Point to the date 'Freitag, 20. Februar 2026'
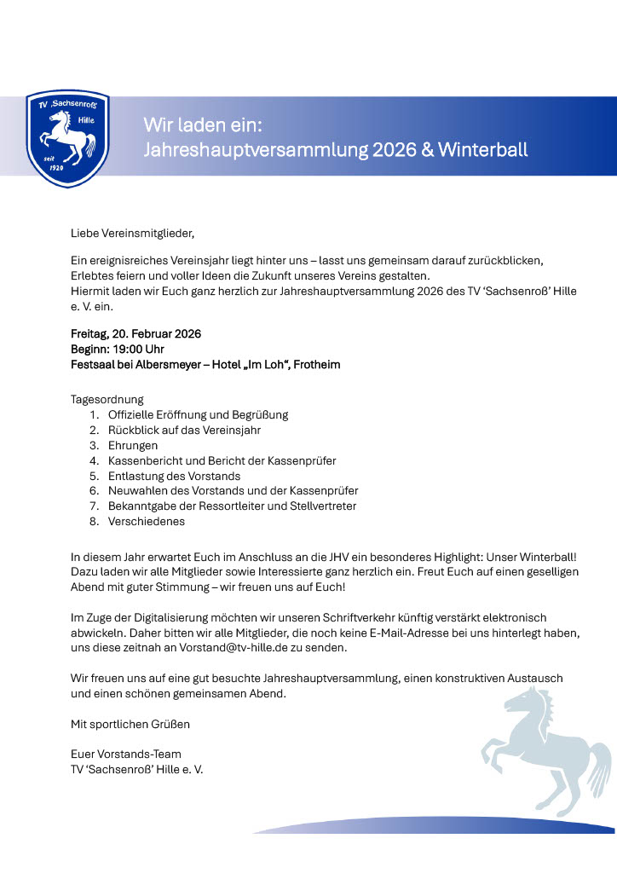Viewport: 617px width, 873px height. (x=136, y=333)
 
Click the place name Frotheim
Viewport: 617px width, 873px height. (x=316, y=364)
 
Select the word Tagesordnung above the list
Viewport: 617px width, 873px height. (x=107, y=399)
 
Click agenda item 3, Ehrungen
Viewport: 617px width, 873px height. (x=132, y=445)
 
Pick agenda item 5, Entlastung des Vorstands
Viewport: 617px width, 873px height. (x=174, y=476)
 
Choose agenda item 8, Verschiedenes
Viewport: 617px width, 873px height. (x=146, y=521)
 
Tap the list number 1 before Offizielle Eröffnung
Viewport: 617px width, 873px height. (x=93, y=414)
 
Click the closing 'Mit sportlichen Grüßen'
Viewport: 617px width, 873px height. (x=130, y=724)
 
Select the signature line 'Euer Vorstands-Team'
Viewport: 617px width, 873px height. (x=125, y=754)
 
